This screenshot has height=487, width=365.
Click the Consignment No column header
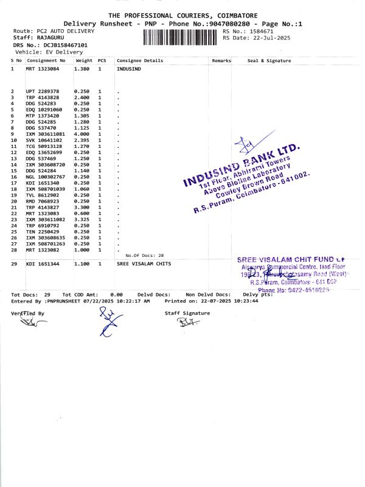[x=46, y=61]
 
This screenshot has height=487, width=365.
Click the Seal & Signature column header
[x=269, y=61]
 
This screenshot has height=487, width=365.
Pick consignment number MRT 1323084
[x=43, y=69]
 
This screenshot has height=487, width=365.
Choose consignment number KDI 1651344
[x=43, y=264]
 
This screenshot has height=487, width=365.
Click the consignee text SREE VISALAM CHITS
[x=144, y=264]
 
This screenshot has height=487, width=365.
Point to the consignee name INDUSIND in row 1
[x=128, y=69]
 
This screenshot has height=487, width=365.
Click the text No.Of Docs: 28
[x=144, y=255]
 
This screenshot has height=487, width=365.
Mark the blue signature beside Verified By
[x=107, y=321]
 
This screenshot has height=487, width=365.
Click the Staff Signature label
[x=187, y=313]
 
